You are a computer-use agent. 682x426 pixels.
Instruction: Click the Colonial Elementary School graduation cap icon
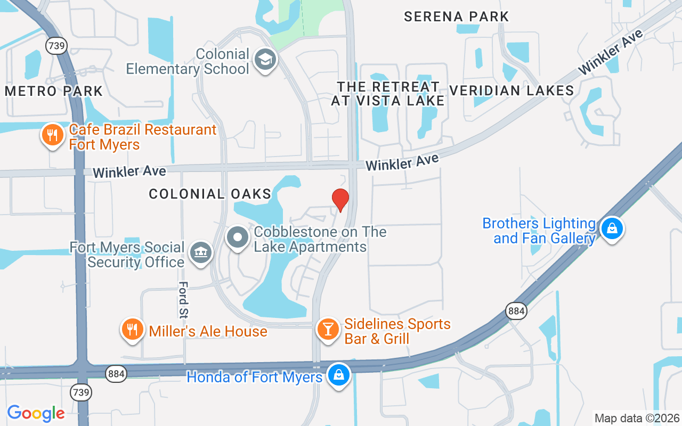[265, 60]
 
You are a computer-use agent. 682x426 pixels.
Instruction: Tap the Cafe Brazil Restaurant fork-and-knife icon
[52, 135]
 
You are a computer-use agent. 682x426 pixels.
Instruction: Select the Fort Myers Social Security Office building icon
[200, 252]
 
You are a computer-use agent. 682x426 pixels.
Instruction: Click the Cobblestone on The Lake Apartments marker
[238, 237]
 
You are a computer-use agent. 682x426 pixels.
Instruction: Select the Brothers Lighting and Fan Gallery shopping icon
[612, 229]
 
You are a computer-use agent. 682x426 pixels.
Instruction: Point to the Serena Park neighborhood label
[457, 17]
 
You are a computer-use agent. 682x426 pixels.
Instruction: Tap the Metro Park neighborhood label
[54, 91]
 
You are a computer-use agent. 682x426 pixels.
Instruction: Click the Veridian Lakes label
[511, 91]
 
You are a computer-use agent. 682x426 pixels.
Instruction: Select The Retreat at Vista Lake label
[388, 94]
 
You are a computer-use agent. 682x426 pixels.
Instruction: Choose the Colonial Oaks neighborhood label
[210, 194]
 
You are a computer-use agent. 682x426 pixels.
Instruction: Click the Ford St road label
[184, 300]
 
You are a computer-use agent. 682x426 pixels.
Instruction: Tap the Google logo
[36, 413]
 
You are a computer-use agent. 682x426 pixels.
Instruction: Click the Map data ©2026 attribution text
[637, 418]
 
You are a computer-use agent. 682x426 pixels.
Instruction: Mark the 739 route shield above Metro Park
[56, 45]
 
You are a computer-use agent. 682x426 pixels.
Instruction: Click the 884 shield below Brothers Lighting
[516, 311]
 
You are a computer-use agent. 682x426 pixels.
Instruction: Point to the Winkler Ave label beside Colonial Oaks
[129, 171]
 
